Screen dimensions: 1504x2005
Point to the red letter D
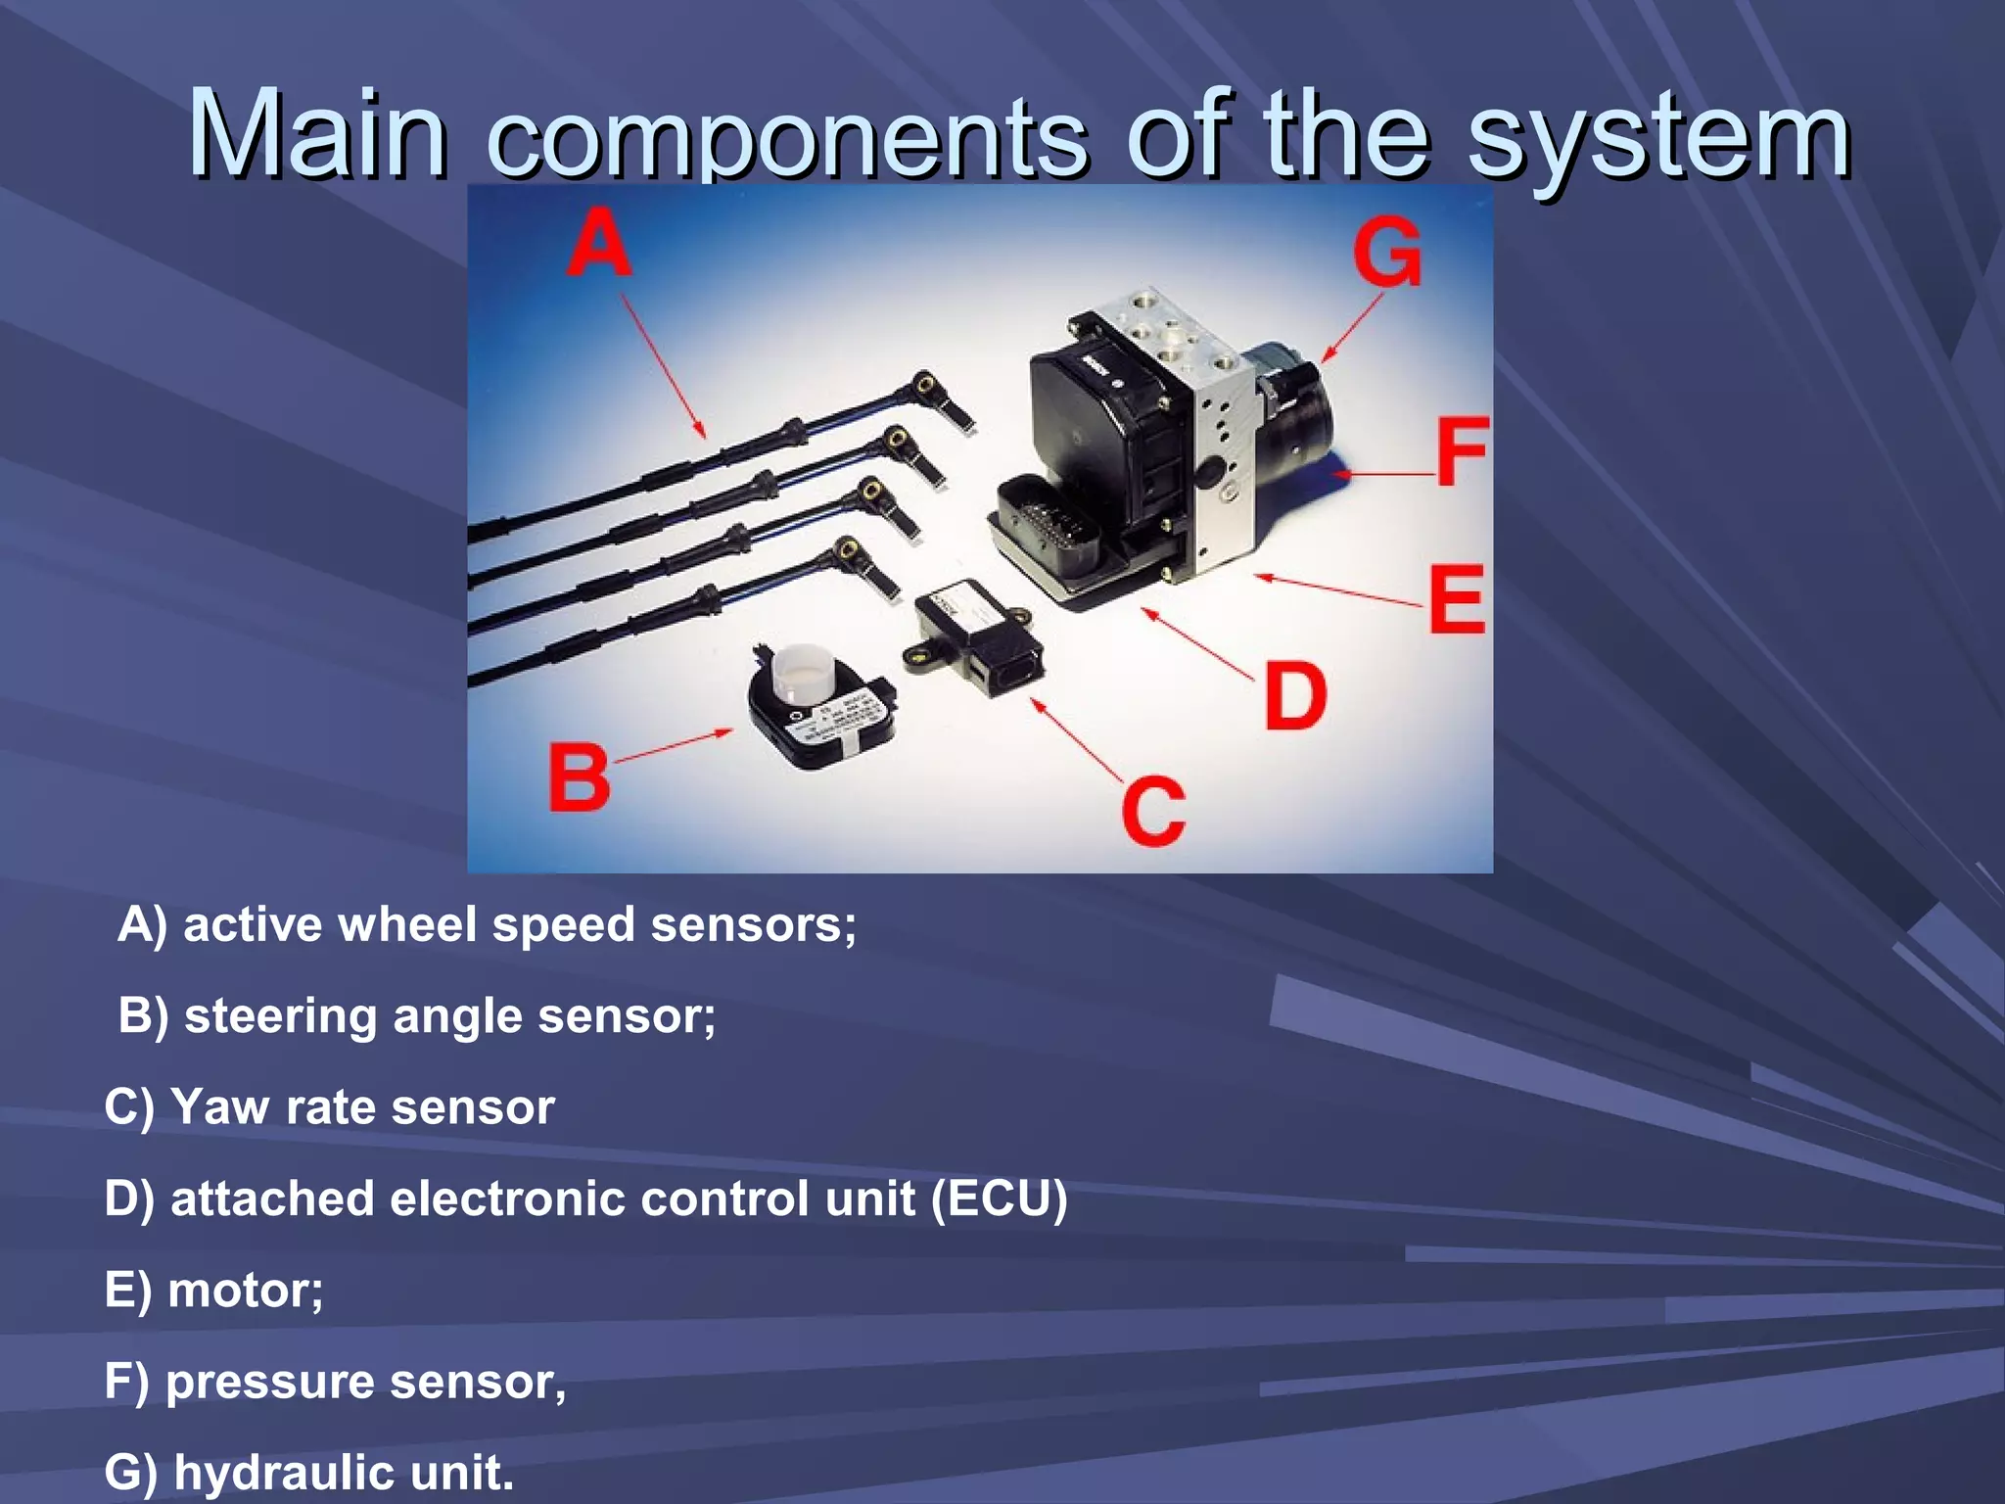point(1294,696)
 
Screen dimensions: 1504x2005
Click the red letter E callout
point(1456,599)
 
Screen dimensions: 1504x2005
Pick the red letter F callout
point(1462,451)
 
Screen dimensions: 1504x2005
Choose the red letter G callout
point(1387,252)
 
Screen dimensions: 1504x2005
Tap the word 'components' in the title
point(787,137)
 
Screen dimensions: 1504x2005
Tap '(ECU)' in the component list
point(999,1198)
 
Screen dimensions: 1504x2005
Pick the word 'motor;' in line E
point(245,1290)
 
